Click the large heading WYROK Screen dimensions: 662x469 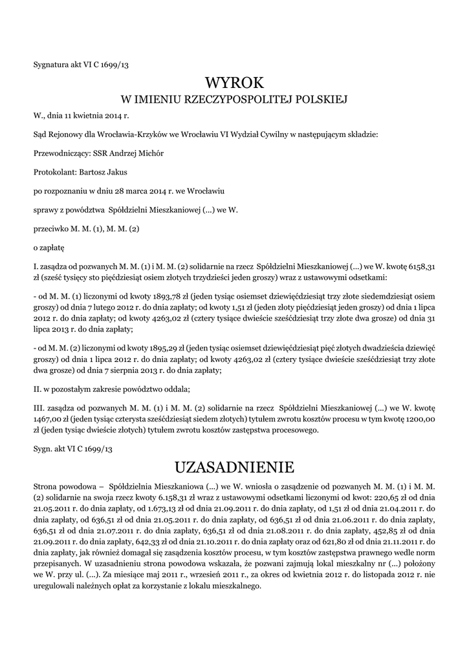(x=234, y=82)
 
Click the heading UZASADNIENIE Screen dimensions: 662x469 (x=234, y=467)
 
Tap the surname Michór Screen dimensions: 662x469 (x=149, y=153)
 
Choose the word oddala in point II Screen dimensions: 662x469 (x=172, y=389)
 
